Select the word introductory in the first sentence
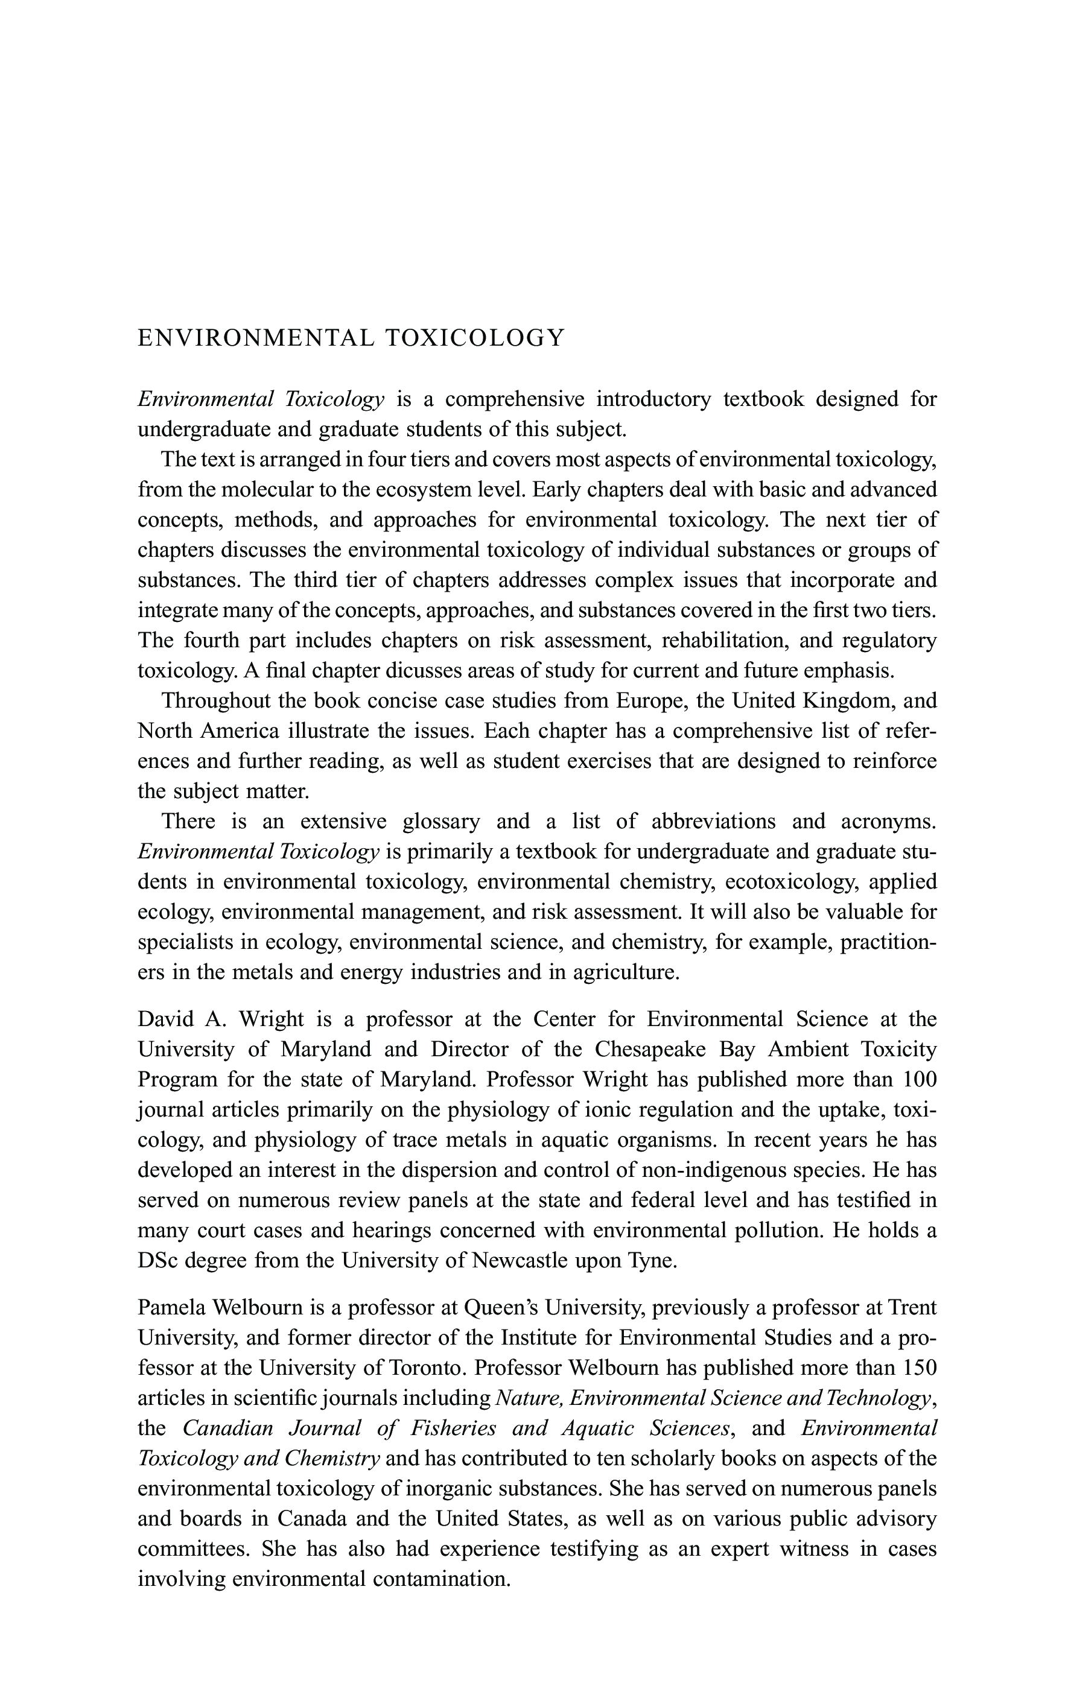653,399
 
